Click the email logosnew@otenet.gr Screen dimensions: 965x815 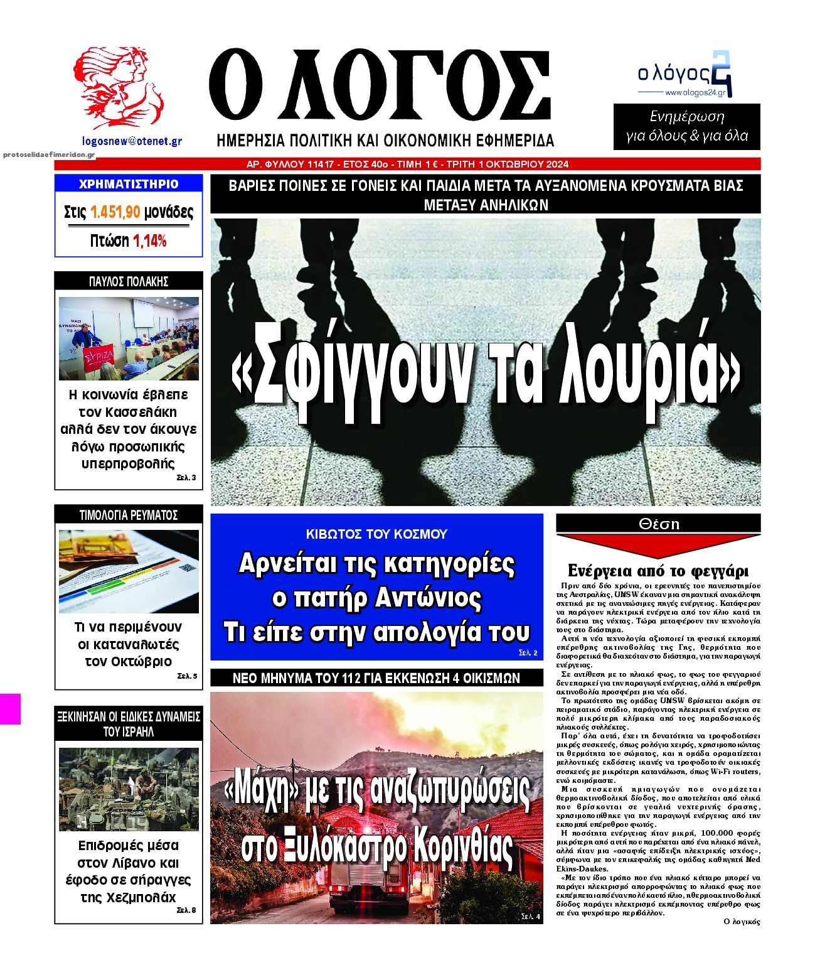(x=132, y=141)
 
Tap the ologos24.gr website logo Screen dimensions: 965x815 (x=684, y=75)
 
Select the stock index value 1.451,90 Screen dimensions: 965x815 (x=115, y=212)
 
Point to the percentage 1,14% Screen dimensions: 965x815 (x=150, y=241)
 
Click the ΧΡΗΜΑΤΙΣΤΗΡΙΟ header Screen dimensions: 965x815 (x=129, y=184)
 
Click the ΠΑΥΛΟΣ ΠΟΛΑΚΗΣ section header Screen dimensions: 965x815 (x=129, y=281)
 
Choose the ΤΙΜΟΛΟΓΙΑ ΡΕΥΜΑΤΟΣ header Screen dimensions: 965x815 (x=129, y=515)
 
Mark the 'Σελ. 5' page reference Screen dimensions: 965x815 (x=187, y=676)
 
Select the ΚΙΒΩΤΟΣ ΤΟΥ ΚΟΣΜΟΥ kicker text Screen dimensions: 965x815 (x=376, y=534)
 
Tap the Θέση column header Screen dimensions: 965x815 (x=658, y=524)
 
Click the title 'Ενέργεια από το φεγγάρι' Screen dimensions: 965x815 (x=658, y=571)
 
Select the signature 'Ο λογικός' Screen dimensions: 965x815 (x=742, y=922)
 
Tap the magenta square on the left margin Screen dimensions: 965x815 (x=10, y=709)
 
